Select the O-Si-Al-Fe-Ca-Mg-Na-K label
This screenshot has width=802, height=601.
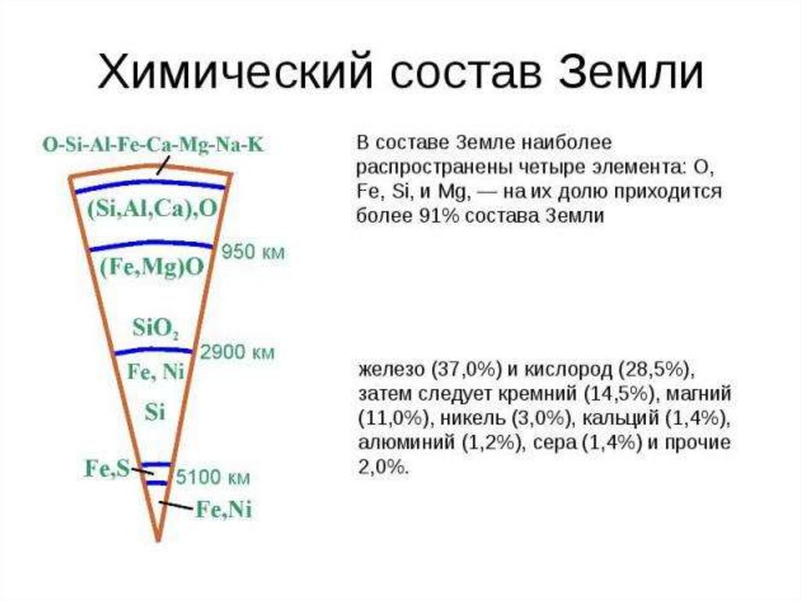pos(154,145)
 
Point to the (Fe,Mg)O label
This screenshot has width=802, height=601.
pos(152,267)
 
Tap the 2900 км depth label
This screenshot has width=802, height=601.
pos(237,353)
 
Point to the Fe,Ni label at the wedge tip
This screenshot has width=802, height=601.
pos(223,510)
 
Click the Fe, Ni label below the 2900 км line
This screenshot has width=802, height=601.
pos(155,372)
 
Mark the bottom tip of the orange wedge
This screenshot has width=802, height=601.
pos(157,541)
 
